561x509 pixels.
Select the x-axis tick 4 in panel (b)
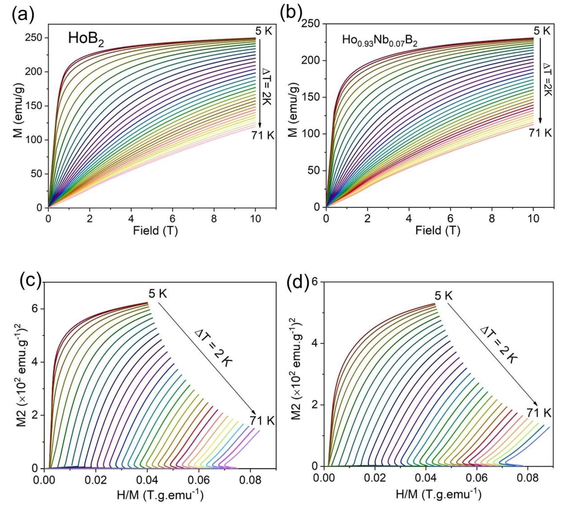click(x=409, y=218)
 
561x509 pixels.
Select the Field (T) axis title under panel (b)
click(x=437, y=231)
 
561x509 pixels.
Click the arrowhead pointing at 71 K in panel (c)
click(x=254, y=413)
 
